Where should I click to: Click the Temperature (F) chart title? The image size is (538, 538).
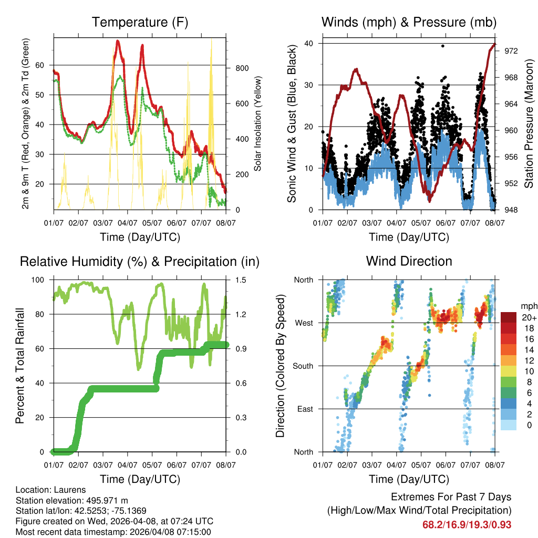(140, 23)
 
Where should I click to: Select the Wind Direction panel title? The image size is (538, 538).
(409, 261)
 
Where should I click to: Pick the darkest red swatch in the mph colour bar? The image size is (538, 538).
(509, 317)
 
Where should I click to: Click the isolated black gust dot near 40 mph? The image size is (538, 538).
(443, 46)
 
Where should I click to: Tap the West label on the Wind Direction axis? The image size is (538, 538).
(303, 323)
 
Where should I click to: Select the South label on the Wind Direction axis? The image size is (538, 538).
(302, 366)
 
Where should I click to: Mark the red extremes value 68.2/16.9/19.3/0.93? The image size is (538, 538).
(467, 525)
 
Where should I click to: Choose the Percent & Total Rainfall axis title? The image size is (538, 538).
(20, 366)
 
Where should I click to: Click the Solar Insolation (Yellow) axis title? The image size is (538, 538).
(257, 123)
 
